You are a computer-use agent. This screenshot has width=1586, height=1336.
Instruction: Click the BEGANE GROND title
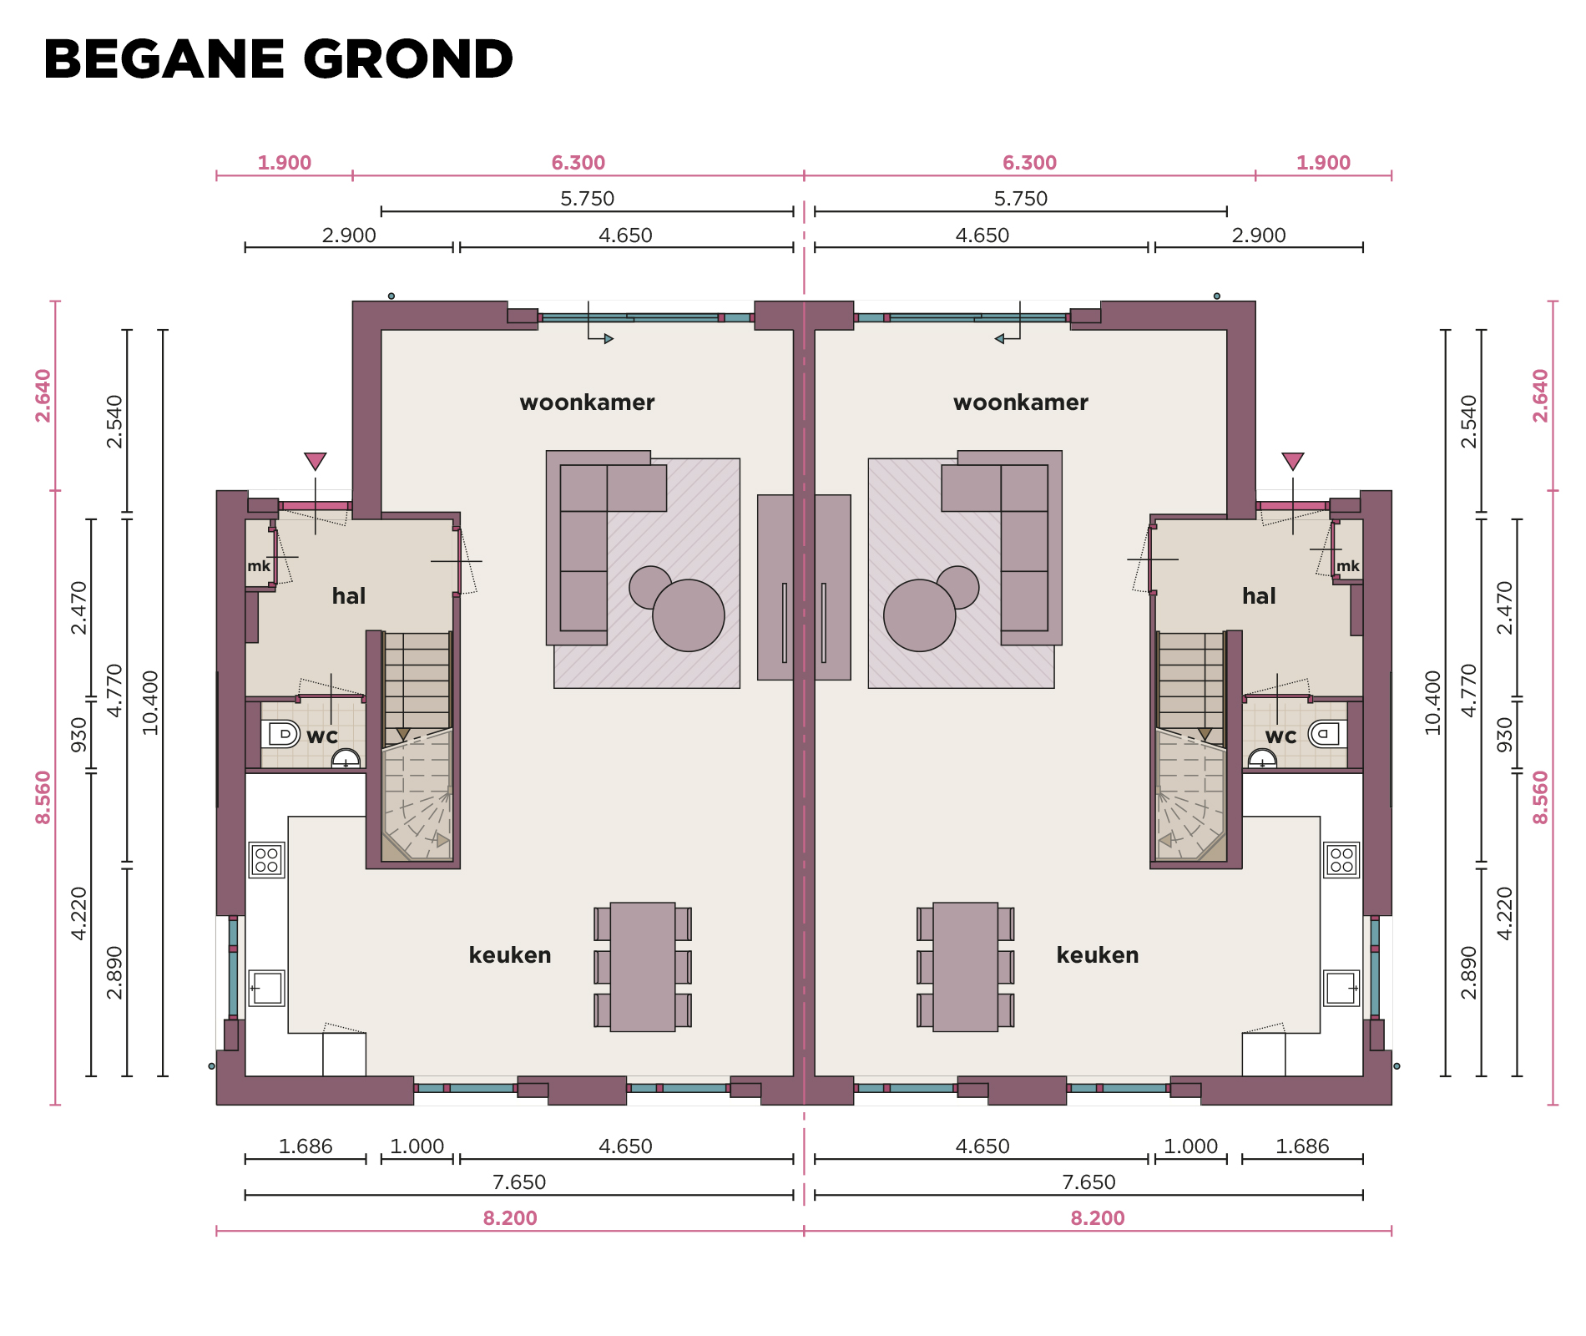(278, 59)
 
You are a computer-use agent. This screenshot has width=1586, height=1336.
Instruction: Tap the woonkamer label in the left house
(587, 402)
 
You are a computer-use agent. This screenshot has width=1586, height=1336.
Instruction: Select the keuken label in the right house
(1098, 955)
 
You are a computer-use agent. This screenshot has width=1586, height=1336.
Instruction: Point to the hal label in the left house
(349, 596)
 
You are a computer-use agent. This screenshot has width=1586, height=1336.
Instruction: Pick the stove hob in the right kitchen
(1341, 860)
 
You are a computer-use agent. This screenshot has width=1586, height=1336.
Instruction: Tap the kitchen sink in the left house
(266, 988)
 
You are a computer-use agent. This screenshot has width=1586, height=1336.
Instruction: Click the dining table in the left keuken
(643, 967)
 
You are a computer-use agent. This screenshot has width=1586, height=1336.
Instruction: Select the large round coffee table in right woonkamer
(919, 615)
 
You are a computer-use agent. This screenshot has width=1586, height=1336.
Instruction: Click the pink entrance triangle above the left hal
(315, 461)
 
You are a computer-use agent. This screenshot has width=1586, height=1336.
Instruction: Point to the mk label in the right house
(1347, 566)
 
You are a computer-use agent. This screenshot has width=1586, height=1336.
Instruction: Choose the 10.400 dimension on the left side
(150, 702)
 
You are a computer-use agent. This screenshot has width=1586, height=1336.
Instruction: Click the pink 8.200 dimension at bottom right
(1098, 1218)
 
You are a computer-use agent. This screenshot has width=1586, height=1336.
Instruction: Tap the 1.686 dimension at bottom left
(306, 1146)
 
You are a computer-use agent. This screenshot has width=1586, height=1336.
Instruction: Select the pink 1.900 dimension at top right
(1323, 163)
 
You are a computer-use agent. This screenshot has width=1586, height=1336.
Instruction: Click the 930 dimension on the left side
(78, 734)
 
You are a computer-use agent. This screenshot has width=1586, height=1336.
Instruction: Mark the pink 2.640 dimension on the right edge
(1540, 396)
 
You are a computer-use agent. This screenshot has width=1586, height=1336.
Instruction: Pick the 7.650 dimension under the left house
(519, 1182)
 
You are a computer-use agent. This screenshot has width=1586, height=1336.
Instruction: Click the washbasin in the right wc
(1262, 758)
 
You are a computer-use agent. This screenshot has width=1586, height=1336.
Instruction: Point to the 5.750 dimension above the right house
(1020, 199)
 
